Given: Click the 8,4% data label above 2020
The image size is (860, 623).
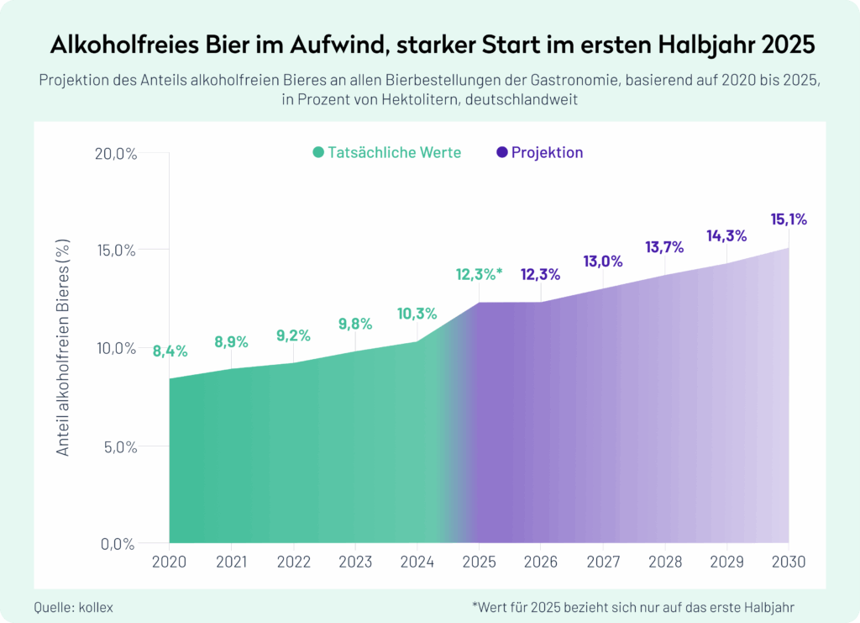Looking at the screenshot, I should point(170,351).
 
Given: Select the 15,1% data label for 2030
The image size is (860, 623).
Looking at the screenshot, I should point(789,220).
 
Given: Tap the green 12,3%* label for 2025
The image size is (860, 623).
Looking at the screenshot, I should point(479,274).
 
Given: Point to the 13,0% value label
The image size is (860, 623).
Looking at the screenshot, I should point(602,261).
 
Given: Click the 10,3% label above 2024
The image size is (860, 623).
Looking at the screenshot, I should point(417,314).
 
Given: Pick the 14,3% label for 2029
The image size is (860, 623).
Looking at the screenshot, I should point(726,236).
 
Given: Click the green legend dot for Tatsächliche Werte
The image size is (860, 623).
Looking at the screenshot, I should point(318,153).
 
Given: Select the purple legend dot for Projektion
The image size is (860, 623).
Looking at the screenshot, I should point(502,153).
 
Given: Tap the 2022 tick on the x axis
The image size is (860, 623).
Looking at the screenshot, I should point(293,562).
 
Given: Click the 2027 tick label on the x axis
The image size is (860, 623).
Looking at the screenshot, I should point(602,562).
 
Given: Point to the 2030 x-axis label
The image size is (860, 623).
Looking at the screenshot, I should point(788,562).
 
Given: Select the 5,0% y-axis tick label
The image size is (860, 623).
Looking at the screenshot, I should point(121,446).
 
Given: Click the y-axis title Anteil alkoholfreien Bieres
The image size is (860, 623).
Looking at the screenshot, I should point(64,348).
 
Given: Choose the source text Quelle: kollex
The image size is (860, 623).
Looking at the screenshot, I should point(73,606).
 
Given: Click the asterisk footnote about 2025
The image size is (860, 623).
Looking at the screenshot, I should point(633,606).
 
